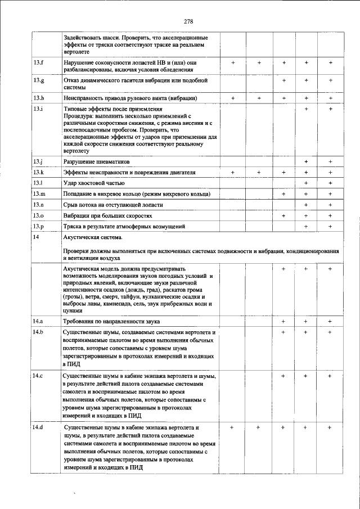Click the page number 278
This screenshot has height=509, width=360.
click(188, 21)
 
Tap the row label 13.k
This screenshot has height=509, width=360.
click(38, 172)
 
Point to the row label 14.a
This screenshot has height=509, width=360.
click(38, 321)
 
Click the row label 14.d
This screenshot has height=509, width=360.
click(38, 429)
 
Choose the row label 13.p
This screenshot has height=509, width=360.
click(38, 226)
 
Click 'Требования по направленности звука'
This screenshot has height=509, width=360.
click(112, 322)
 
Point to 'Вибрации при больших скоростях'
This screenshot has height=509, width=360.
click(107, 215)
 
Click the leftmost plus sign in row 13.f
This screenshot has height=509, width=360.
click(233, 62)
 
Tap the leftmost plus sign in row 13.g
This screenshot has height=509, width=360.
click(284, 80)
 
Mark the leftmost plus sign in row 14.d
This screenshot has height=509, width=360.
click(232, 428)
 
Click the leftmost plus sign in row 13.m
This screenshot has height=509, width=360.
click(284, 194)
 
